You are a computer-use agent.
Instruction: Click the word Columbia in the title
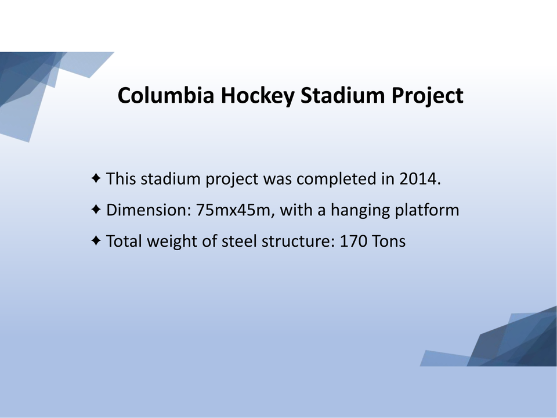tap(166, 95)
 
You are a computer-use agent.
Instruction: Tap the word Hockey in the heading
tap(258, 96)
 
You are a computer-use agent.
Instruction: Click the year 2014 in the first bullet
tap(420, 178)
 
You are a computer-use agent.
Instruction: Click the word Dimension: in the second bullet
tap(149, 210)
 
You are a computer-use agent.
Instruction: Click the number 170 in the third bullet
tap(353, 241)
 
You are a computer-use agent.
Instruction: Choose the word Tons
tap(389, 241)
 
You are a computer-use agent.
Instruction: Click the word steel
tap(239, 241)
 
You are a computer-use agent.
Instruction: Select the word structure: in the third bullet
tap(298, 241)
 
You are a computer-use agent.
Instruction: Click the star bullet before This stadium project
tap(96, 178)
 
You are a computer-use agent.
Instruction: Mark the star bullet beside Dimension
tap(96, 210)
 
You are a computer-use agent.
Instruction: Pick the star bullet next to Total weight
tap(96, 240)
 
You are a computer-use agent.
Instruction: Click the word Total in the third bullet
tap(124, 241)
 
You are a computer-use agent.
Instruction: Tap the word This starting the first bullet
tap(121, 178)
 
